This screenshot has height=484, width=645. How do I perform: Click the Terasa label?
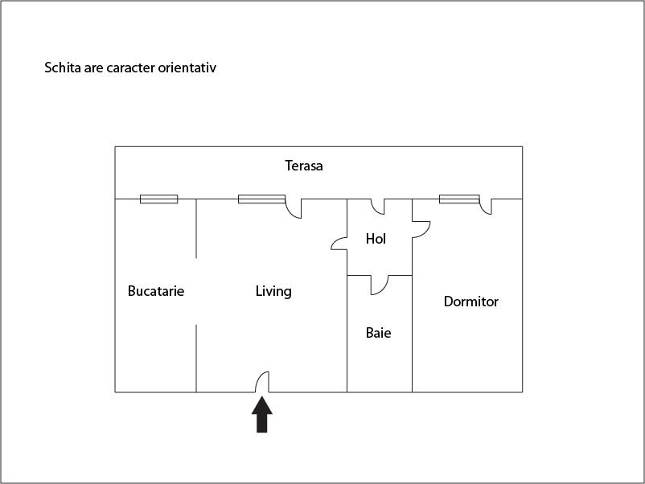tap(303, 166)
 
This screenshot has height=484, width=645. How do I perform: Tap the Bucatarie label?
tap(156, 291)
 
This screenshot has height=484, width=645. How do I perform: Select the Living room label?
tap(273, 292)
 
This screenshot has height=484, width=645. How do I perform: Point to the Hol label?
tap(376, 239)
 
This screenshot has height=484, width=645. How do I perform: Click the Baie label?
tap(379, 333)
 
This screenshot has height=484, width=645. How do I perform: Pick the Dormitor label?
tap(471, 301)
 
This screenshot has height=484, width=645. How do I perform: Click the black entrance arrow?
tap(262, 414)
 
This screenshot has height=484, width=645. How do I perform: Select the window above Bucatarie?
tap(158, 199)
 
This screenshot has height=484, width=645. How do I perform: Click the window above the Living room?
tap(261, 199)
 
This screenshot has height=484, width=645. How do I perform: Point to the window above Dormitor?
tap(459, 199)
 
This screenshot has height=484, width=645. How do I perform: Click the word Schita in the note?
tap(63, 68)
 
